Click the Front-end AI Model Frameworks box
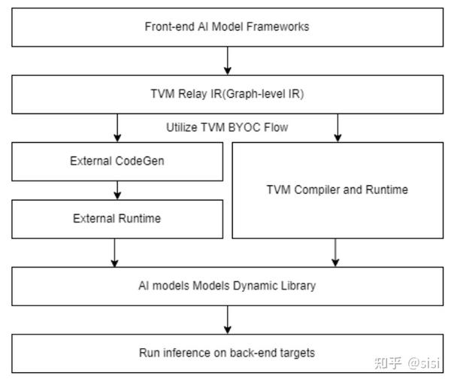click(227, 27)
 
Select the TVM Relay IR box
click(227, 94)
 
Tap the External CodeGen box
click(117, 161)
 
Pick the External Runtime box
click(117, 219)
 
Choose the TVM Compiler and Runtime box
click(337, 189)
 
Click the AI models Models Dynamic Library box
click(227, 286)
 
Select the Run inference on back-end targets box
click(227, 353)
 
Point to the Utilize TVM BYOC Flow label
click(227, 127)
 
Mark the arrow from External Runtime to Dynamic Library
click(114, 253)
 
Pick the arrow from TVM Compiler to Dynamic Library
click(335, 253)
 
